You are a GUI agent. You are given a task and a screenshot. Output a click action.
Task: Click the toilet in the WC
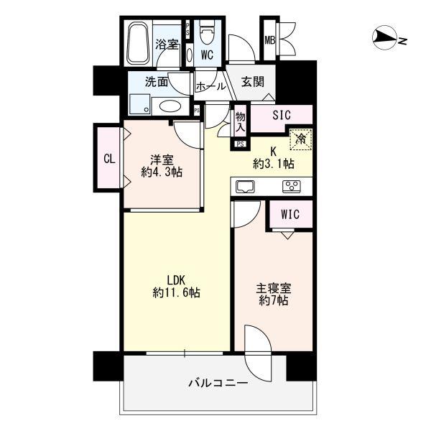coord(207,33)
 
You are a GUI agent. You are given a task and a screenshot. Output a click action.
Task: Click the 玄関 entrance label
coord(252,82)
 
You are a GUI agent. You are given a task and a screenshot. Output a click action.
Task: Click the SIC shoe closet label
coord(281,115)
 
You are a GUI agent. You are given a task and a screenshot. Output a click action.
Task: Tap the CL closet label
coord(108,159)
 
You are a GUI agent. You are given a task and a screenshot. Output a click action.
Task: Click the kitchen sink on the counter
coord(244,187)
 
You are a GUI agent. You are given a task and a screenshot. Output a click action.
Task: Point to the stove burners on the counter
coord(291,187)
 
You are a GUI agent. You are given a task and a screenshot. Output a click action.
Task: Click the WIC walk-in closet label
coord(290,214)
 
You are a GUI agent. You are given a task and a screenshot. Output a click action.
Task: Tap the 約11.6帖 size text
coord(176,292)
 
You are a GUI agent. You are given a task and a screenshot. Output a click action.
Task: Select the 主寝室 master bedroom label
coord(274,289)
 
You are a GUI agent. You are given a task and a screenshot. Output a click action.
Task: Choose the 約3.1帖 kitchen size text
coord(273,164)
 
